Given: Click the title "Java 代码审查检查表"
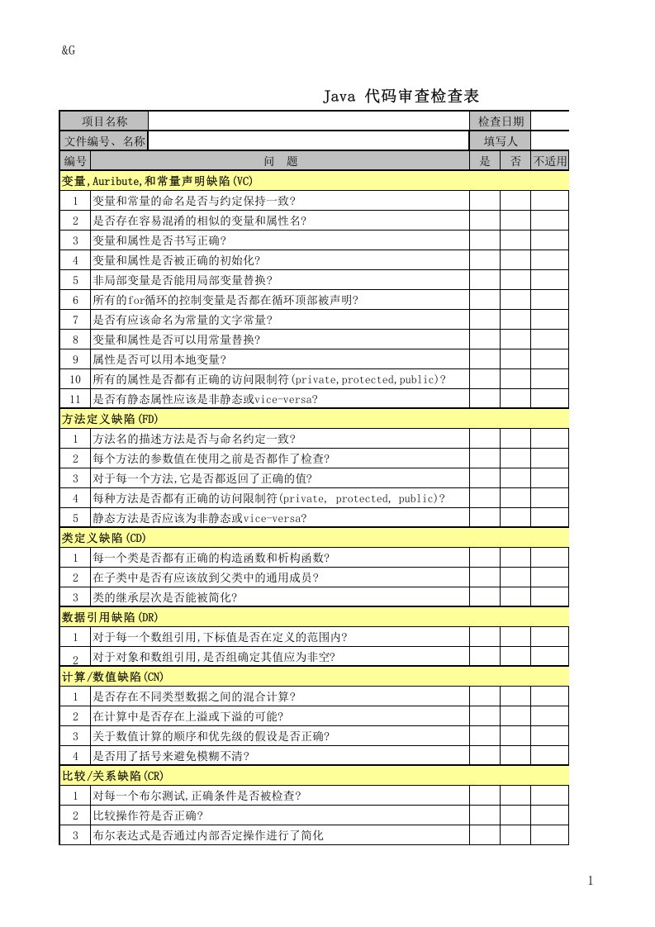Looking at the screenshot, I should (x=401, y=97).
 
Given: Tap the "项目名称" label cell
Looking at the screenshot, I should (x=104, y=121).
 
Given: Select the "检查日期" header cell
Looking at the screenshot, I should (x=500, y=121).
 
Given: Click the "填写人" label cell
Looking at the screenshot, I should (x=500, y=141).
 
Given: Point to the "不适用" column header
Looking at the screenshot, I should (x=549, y=161).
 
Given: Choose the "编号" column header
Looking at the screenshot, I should (x=75, y=161).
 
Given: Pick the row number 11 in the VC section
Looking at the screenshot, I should (x=75, y=399).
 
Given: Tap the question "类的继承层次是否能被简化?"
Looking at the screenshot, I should (x=165, y=597).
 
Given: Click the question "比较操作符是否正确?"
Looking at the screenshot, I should (x=148, y=815).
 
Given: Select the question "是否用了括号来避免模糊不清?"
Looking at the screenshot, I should (x=171, y=756).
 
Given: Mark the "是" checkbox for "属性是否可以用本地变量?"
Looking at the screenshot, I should (x=485, y=359).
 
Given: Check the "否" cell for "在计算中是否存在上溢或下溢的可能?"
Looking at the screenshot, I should (x=515, y=716).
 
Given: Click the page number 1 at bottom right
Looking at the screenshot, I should (x=591, y=882).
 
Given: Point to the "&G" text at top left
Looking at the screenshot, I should (x=69, y=50).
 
